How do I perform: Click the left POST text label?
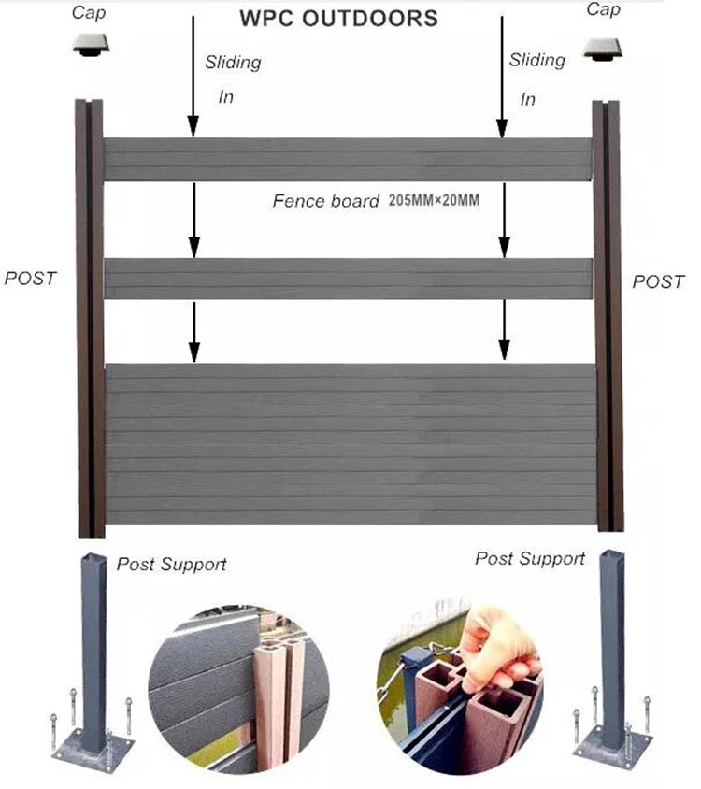[x=31, y=278]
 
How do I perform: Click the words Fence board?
[x=325, y=200]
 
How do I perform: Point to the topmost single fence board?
[x=348, y=159]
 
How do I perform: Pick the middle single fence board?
[x=348, y=279]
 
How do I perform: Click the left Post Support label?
[x=171, y=564]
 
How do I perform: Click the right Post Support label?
[x=530, y=558]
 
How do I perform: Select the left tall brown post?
[x=90, y=318]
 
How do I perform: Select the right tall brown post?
[x=608, y=318]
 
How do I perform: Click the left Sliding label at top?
[x=233, y=63]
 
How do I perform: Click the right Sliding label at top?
[x=537, y=60]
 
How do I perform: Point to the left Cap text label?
[x=89, y=12]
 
